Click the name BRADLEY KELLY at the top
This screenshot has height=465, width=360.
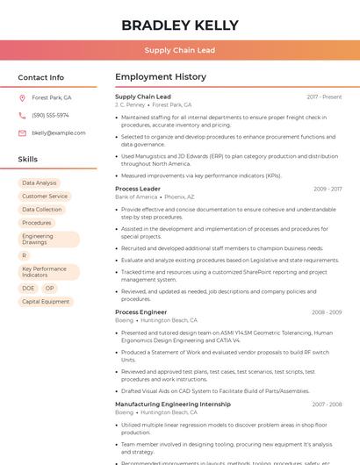pos(179,25)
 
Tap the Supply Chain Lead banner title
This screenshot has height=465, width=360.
pos(179,51)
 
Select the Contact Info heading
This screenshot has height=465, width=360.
pos(40,77)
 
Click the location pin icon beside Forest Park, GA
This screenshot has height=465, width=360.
pos(22,97)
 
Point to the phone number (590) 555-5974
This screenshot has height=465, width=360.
pos(50,115)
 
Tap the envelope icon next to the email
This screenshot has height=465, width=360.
pos(22,132)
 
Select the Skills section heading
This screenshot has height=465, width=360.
pos(28,160)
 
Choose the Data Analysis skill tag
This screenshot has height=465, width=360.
pos(39,183)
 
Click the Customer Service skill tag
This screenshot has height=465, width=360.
pos(45,197)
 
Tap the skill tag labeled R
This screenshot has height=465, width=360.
pos(25,255)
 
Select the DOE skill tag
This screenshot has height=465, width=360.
pos(28,289)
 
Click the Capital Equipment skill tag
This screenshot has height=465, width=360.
pos(46,302)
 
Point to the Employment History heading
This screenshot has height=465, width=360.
pos(161,77)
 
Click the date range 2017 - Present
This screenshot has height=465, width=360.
pos(324,97)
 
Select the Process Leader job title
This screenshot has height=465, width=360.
pos(138,189)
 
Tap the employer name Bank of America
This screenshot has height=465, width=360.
pos(136,197)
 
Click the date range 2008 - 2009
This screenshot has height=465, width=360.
pos(326,312)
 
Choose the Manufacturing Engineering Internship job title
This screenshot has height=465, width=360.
pos(173,404)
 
